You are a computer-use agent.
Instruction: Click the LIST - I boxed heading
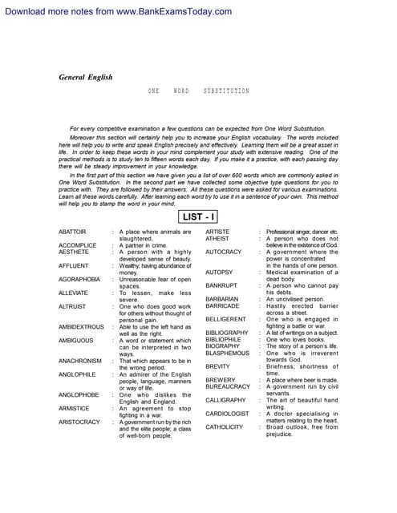tap(198, 216)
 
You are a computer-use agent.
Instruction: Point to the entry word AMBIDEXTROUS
tap(81, 327)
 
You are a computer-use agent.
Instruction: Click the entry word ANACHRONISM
tap(79, 361)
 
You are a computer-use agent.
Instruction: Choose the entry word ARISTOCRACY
tap(79, 422)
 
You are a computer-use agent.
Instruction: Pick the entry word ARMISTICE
tap(74, 408)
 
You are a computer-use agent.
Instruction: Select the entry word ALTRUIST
tap(72, 306)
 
